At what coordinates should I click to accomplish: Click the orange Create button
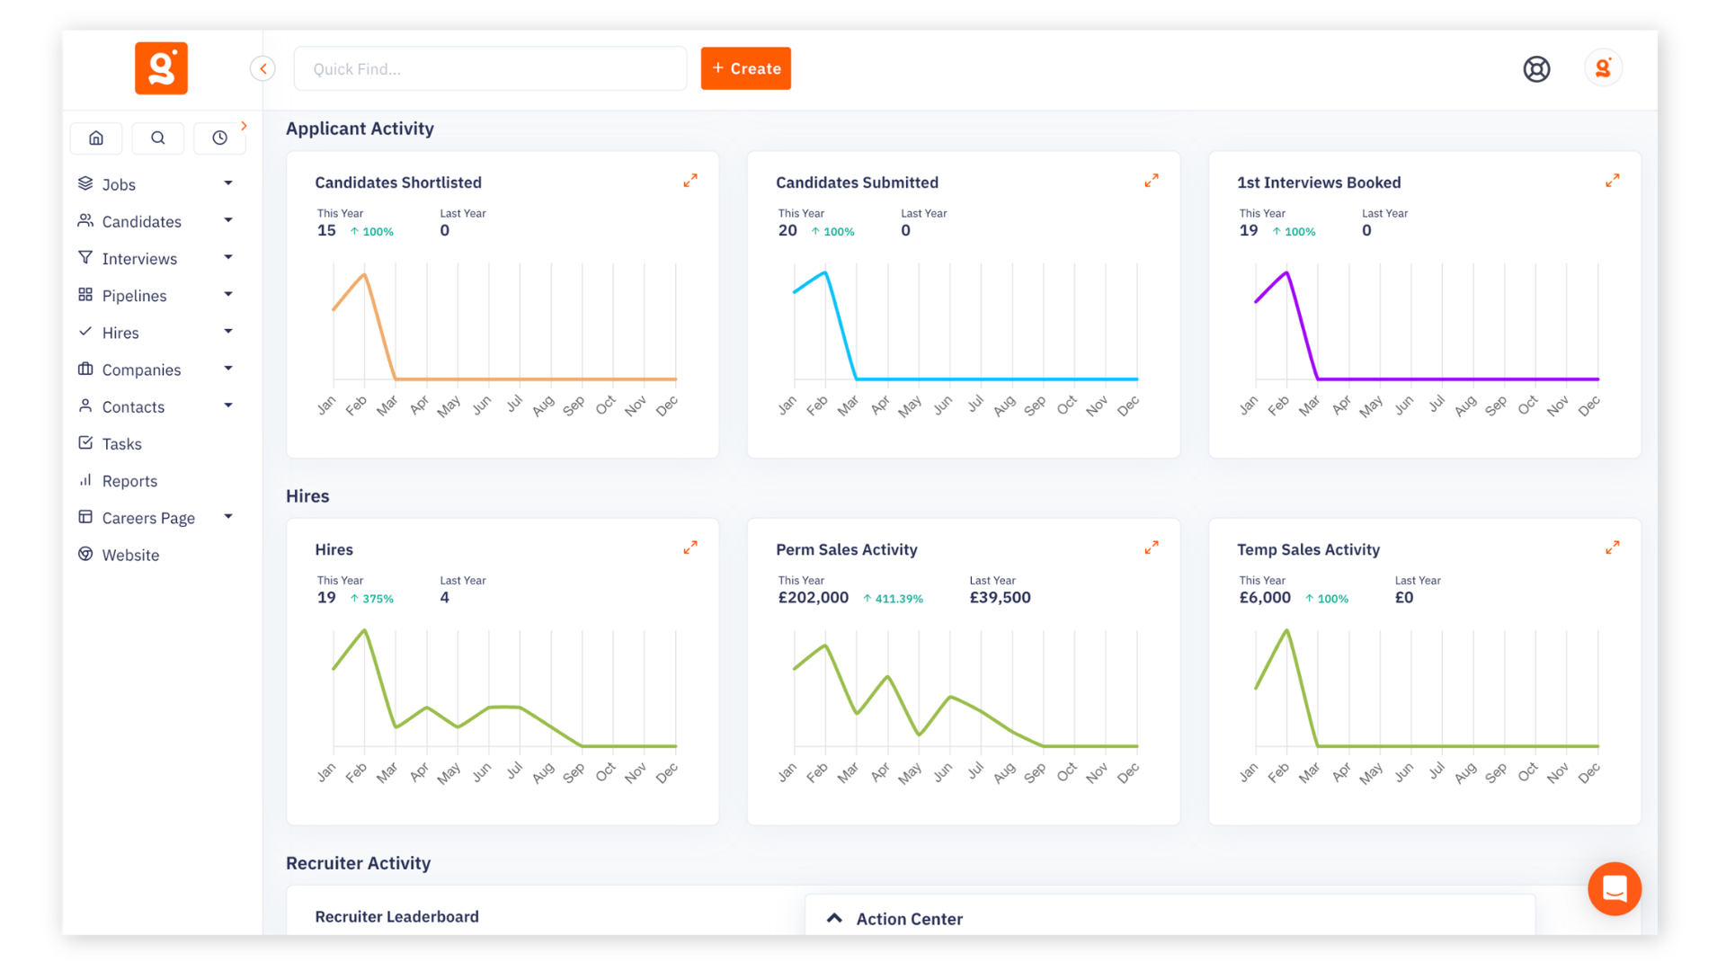(x=745, y=68)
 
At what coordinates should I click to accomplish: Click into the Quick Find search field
(x=490, y=69)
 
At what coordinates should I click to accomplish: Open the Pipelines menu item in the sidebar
(x=134, y=296)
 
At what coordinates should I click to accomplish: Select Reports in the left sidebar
(x=129, y=481)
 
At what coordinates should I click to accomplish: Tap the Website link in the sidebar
(x=130, y=555)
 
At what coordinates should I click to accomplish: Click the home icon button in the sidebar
(x=96, y=138)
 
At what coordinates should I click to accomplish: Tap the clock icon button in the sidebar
(x=219, y=138)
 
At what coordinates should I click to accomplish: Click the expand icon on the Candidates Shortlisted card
(x=690, y=181)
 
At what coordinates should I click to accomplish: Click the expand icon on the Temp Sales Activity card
(x=1612, y=548)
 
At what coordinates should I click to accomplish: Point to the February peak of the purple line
(x=1286, y=272)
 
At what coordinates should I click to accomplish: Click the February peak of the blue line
(x=825, y=272)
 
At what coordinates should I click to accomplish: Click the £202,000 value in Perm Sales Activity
(x=813, y=598)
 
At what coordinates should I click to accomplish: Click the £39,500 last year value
(x=1000, y=598)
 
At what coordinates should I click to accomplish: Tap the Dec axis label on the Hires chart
(x=666, y=773)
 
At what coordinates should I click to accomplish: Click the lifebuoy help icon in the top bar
(x=1536, y=68)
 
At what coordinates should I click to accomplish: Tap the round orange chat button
(x=1614, y=888)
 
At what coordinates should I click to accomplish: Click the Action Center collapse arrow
(x=834, y=918)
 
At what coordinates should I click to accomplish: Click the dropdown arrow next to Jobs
(x=228, y=183)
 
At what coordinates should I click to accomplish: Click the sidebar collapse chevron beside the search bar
(x=262, y=68)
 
